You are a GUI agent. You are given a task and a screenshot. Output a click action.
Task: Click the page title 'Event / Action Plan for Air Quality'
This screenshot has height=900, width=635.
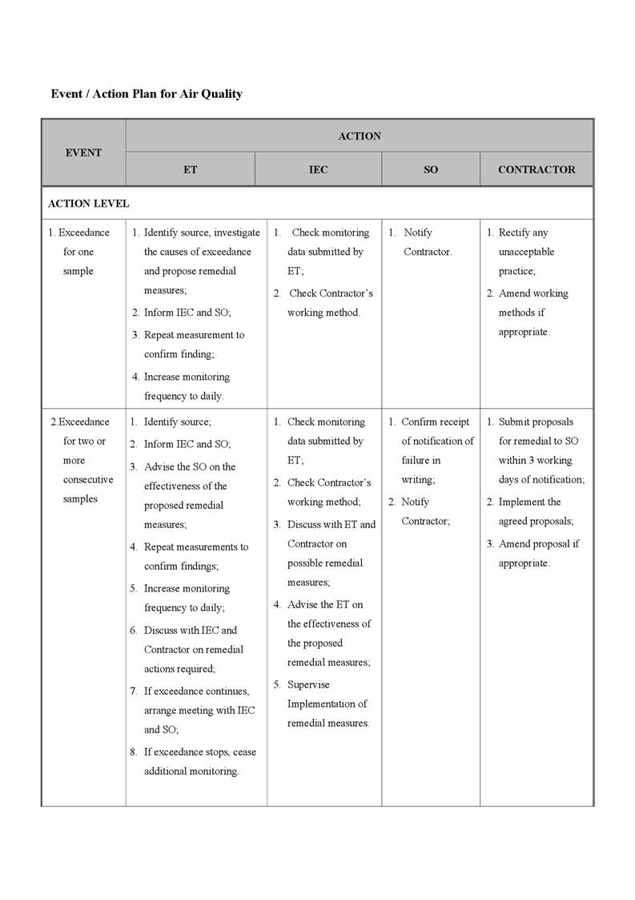147,94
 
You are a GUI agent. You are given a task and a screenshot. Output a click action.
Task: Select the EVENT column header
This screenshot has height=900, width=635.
83,152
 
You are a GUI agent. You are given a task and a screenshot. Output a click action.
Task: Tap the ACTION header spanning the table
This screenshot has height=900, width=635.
360,136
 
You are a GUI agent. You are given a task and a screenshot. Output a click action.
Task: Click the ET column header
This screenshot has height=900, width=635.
190,170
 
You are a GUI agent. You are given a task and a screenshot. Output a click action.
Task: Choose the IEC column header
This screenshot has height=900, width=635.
318,170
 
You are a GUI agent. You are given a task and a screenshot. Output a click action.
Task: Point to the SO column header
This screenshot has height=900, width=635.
431,170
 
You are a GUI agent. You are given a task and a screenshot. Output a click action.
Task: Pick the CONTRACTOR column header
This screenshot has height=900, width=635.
537,170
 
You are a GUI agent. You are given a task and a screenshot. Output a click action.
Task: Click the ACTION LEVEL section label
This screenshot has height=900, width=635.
88,204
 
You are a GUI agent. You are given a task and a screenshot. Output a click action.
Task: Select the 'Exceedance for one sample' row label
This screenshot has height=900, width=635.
79,252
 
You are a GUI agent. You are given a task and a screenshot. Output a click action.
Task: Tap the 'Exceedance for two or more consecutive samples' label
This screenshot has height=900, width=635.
82,460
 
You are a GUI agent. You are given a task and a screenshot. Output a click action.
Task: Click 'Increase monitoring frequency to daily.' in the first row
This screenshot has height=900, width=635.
186,386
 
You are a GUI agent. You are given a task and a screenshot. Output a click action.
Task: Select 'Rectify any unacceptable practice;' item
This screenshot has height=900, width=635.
525,252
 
